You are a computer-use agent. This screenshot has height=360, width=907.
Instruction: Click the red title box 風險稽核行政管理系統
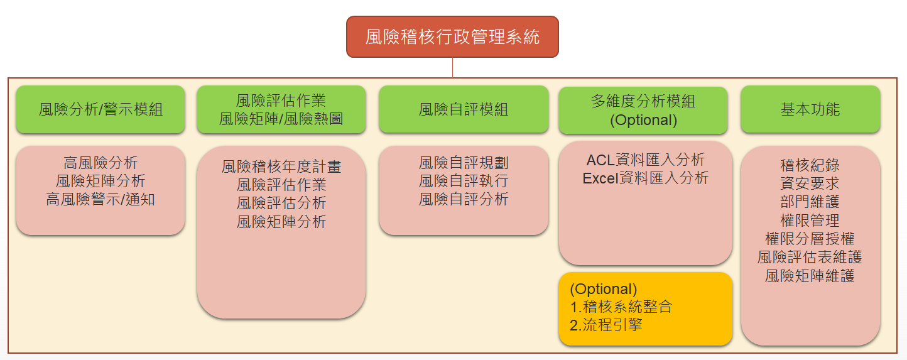click(x=452, y=37)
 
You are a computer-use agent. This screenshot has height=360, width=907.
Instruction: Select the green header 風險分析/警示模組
click(x=100, y=109)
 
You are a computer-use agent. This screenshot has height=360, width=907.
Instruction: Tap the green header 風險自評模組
click(x=464, y=109)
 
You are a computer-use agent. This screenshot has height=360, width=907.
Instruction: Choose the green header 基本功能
click(x=810, y=109)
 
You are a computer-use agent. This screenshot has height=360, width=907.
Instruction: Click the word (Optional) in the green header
click(x=643, y=120)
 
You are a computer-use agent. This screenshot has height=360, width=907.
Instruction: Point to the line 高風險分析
click(x=100, y=163)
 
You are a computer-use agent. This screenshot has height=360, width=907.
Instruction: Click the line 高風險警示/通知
click(x=100, y=199)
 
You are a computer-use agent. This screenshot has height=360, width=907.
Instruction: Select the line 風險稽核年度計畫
click(x=281, y=166)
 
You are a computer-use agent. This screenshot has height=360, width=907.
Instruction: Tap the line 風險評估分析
click(x=281, y=203)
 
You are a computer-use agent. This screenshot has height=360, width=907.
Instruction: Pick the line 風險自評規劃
click(x=464, y=163)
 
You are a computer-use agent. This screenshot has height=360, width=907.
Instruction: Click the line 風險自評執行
click(x=464, y=181)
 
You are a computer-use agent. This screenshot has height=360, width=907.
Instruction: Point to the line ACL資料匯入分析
click(x=646, y=160)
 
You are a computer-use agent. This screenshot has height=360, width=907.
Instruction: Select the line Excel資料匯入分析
click(x=646, y=178)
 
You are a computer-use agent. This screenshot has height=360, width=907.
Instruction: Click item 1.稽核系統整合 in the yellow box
click(x=621, y=307)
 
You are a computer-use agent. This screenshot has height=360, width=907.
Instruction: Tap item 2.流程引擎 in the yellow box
click(x=606, y=325)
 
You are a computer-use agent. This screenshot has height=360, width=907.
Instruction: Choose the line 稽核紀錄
click(x=810, y=165)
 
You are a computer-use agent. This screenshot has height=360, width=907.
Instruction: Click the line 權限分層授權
click(x=810, y=239)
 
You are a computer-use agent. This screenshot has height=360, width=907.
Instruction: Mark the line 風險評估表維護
click(x=810, y=257)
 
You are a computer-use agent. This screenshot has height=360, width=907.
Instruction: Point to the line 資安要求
click(x=810, y=183)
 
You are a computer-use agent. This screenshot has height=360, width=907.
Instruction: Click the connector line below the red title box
click(x=452, y=68)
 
